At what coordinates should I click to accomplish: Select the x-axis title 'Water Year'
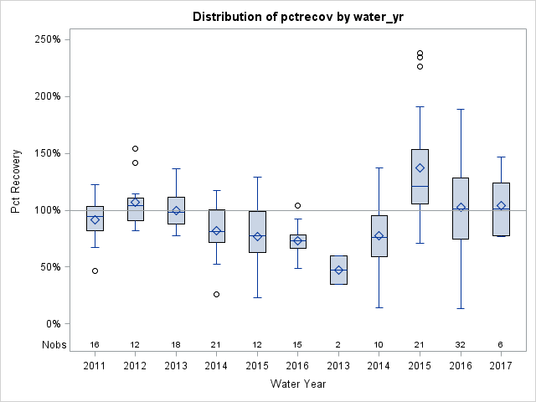click(x=298, y=384)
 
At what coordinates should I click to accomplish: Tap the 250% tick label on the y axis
click(x=57, y=39)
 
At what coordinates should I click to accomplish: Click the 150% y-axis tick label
click(x=57, y=153)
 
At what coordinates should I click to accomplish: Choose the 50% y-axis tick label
click(x=59, y=267)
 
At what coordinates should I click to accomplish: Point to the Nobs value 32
click(x=461, y=344)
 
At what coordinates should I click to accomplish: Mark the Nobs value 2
click(x=338, y=344)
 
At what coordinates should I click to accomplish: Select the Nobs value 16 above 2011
click(x=95, y=344)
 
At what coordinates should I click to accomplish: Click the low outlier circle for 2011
click(x=95, y=271)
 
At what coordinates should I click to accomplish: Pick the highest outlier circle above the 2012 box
click(x=135, y=148)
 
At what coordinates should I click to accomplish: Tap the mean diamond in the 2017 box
click(x=501, y=205)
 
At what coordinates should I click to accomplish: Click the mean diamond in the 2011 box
click(x=95, y=219)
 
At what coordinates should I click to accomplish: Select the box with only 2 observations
click(x=338, y=270)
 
